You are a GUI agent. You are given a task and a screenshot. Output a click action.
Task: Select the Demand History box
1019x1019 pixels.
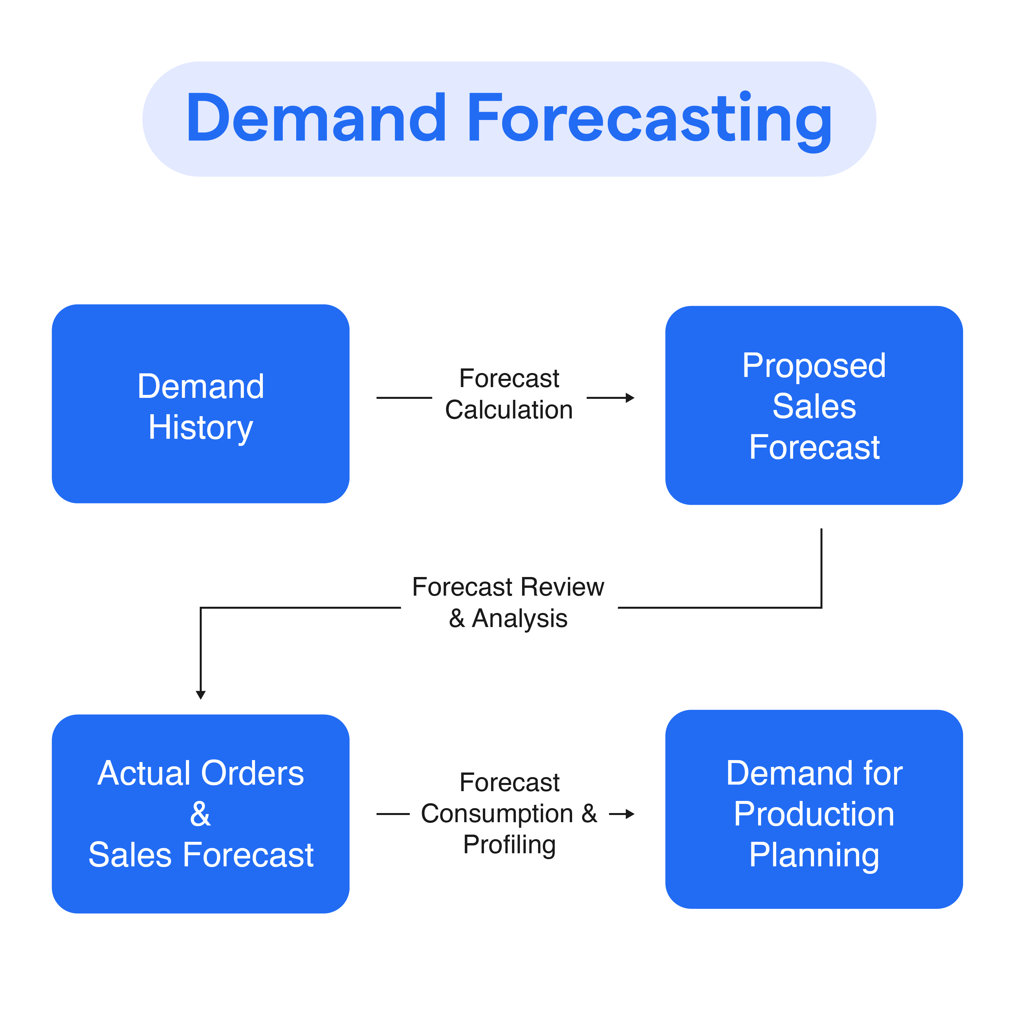pos(200,403)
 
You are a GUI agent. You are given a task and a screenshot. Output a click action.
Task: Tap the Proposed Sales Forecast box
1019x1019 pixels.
pos(814,405)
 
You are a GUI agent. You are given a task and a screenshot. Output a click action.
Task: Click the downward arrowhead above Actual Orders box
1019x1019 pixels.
pos(200,695)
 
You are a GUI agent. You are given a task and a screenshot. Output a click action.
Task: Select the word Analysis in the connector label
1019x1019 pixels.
pos(519,619)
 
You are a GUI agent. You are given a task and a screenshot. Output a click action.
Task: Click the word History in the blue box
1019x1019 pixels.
pos(200,427)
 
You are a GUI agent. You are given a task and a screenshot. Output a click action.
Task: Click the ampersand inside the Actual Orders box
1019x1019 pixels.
pos(200,814)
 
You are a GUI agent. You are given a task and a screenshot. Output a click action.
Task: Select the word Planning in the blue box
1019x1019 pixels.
pos(814,855)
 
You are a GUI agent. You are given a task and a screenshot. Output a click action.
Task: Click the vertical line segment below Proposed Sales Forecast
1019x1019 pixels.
pos(821,567)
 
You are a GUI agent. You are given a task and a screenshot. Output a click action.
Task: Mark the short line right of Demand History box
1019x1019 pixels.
pos(404,398)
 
